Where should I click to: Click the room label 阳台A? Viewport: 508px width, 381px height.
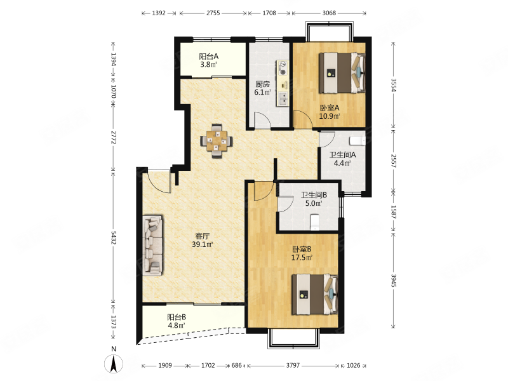pyautogui.click(x=209, y=57)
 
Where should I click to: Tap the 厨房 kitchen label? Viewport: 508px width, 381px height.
pyautogui.click(x=262, y=84)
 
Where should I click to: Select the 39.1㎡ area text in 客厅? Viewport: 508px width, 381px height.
pyautogui.click(x=202, y=244)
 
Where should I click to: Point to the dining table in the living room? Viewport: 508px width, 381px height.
pyautogui.click(x=217, y=141)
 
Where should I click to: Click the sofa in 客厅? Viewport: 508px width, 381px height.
pyautogui.click(x=152, y=245)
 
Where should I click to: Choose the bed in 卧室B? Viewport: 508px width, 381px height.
pyautogui.click(x=314, y=294)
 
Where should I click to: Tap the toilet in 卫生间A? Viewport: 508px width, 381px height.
pyautogui.click(x=358, y=140)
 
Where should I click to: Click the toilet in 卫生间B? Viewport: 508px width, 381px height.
pyautogui.click(x=314, y=222)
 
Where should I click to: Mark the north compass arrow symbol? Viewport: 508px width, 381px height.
pyautogui.click(x=114, y=363)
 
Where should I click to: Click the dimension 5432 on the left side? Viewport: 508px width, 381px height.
pyautogui.click(x=114, y=237)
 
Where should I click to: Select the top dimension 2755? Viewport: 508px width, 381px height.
pyautogui.click(x=213, y=13)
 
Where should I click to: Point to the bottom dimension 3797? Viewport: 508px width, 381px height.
pyautogui.click(x=293, y=366)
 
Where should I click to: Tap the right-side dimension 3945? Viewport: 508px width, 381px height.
pyautogui.click(x=394, y=281)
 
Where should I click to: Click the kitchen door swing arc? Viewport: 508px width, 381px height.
pyautogui.click(x=262, y=119)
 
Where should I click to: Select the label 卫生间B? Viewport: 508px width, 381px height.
pyautogui.click(x=314, y=195)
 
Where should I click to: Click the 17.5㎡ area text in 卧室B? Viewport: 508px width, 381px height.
pyautogui.click(x=302, y=258)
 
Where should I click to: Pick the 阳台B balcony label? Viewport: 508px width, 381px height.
pyautogui.click(x=177, y=317)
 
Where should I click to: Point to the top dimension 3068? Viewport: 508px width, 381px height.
pyautogui.click(x=329, y=13)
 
